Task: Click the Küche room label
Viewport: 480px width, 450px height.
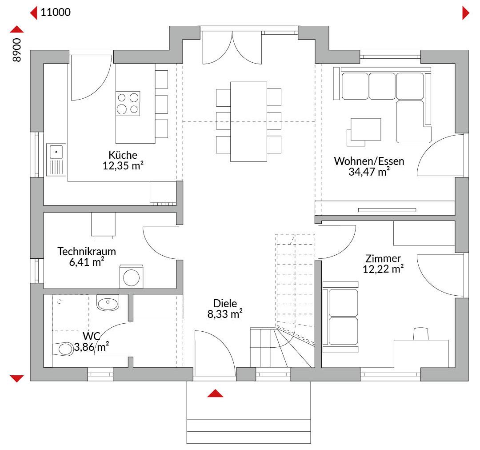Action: click(x=123, y=155)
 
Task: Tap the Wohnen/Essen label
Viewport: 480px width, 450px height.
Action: click(x=369, y=161)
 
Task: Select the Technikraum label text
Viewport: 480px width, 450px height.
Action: click(x=87, y=252)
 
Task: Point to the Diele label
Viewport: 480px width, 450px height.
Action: click(x=225, y=303)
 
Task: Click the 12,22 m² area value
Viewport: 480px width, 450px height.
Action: click(x=383, y=269)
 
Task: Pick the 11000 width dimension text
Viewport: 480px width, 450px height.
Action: click(x=56, y=12)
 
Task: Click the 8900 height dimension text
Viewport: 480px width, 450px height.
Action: click(x=17, y=50)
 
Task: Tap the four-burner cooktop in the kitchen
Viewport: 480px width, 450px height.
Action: click(x=128, y=104)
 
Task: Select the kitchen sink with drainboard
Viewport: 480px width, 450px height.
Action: click(x=56, y=160)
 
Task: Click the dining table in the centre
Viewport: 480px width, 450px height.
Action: click(x=248, y=121)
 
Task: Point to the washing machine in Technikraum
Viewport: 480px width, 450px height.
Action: click(x=131, y=277)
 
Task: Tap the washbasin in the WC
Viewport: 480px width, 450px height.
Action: click(x=108, y=303)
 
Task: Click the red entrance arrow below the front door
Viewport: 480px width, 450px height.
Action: click(x=215, y=394)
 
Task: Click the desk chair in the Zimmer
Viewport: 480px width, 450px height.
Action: click(x=421, y=333)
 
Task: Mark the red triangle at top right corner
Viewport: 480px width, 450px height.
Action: click(x=466, y=13)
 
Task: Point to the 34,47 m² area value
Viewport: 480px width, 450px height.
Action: click(x=369, y=172)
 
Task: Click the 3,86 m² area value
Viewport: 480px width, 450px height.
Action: click(x=91, y=347)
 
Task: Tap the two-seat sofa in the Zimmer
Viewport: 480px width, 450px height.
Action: click(x=340, y=317)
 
